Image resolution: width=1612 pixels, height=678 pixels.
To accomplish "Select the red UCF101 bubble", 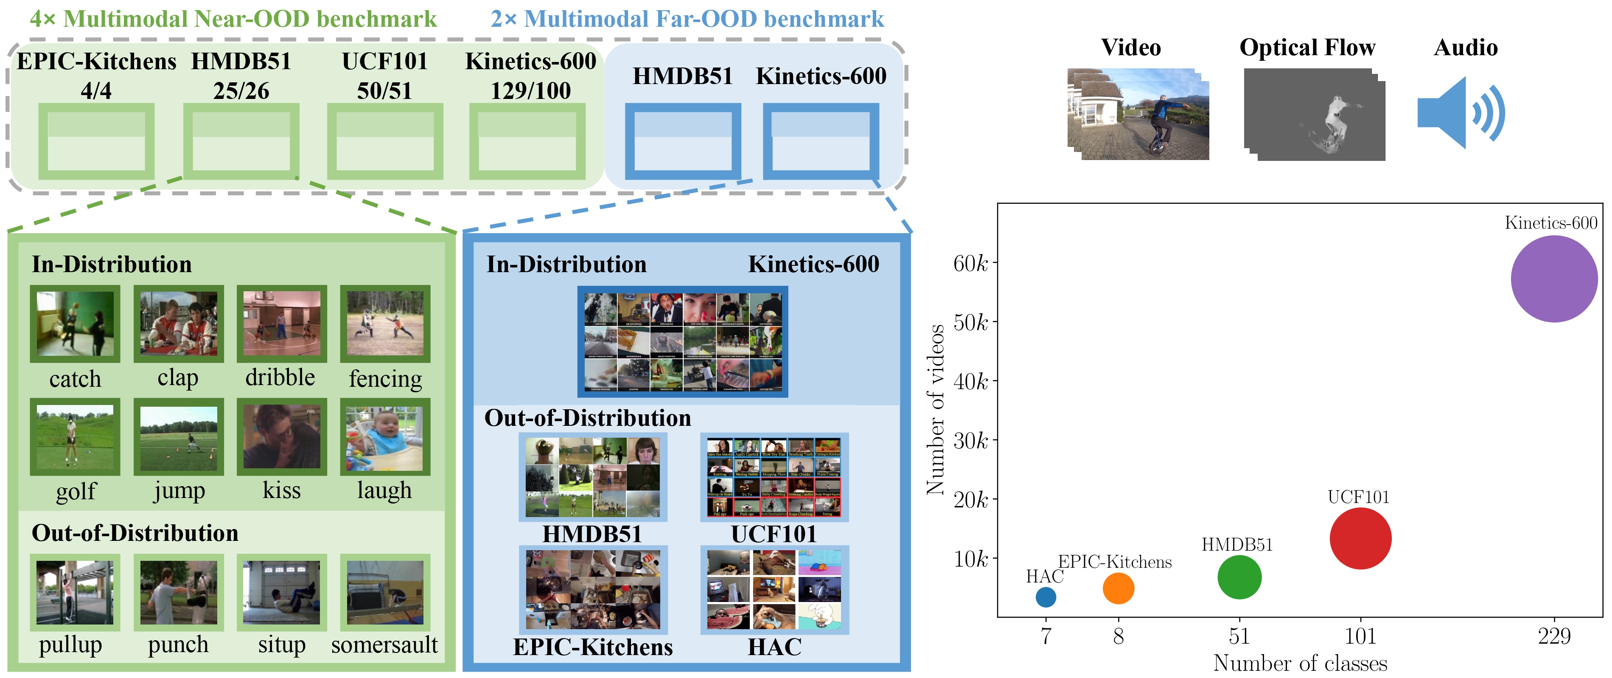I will tap(1360, 538).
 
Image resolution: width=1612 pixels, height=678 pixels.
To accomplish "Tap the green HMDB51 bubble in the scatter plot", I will tap(1239, 577).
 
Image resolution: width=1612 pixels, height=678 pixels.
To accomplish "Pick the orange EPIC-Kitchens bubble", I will tap(1118, 588).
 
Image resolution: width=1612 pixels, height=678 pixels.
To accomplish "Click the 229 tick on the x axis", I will tap(1554, 636).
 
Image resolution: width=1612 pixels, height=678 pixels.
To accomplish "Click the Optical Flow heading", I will tap(1307, 48).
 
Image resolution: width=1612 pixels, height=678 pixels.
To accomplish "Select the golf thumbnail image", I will tap(75, 437).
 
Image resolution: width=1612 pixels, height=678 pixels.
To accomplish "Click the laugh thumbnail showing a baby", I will tap(385, 437).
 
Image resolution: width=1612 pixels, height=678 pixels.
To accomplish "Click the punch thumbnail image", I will tap(178, 592).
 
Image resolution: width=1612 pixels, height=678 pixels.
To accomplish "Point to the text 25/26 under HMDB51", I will tap(241, 91).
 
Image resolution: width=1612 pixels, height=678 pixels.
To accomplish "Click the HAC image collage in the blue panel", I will tap(774, 590).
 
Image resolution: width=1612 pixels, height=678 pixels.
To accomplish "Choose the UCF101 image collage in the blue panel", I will tap(774, 477).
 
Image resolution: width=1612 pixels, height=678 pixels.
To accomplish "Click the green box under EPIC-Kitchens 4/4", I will tap(96, 141).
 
